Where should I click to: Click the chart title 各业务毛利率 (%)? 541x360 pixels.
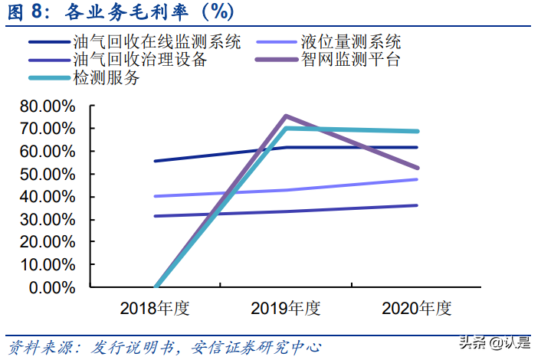(119, 13)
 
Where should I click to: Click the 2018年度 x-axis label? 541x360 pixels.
(154, 309)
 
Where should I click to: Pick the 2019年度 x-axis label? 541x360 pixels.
(285, 309)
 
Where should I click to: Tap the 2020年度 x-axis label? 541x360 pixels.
(417, 309)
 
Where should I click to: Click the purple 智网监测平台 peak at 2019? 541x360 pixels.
(285, 116)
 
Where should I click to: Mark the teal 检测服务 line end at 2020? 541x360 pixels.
(417, 132)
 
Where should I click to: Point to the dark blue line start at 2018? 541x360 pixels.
(155, 161)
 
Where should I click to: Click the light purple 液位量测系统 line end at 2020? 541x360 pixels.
(417, 179)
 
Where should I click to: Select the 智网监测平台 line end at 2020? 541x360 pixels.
(417, 168)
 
